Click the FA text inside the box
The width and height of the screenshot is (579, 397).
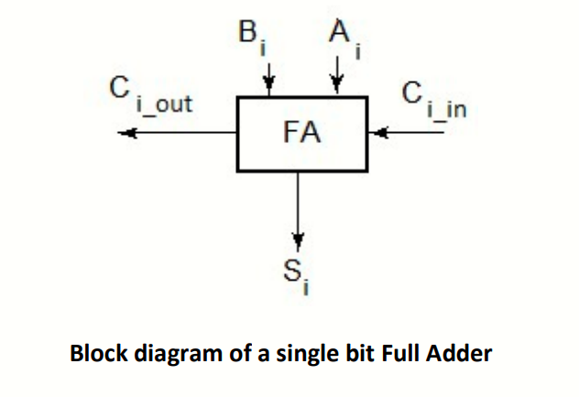[x=301, y=133]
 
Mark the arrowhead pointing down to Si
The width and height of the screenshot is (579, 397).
[x=297, y=241]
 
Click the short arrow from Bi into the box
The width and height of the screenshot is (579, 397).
[x=268, y=81]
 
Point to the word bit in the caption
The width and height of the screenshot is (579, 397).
[x=329, y=353]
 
